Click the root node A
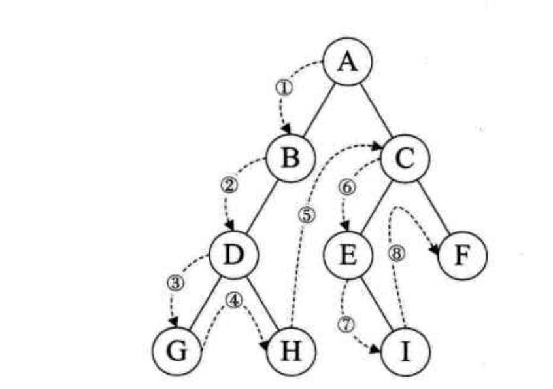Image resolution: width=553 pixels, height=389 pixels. pos(348,62)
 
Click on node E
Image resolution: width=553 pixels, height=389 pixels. pos(348,254)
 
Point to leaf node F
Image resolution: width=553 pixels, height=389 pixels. pos(462,254)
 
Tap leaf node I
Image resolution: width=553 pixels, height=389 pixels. pos(405,352)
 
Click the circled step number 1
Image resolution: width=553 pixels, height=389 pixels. pos(283,88)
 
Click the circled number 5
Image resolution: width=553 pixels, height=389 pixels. pos(307,214)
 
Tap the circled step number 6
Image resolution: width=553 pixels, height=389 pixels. pos(347,187)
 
